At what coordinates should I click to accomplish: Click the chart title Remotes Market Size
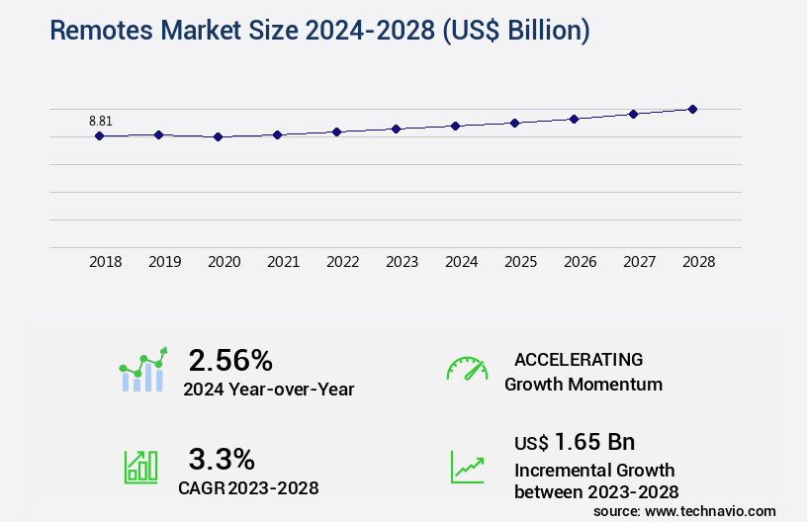[319, 31]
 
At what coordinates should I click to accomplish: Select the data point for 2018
[99, 135]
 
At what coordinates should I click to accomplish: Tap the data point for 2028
[692, 109]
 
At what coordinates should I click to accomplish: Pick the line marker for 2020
[218, 137]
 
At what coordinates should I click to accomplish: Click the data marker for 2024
[455, 126]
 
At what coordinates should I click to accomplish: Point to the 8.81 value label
[100, 121]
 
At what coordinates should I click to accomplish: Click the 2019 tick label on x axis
[164, 262]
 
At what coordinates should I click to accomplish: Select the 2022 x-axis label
[342, 262]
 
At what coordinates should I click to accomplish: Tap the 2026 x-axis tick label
[580, 262]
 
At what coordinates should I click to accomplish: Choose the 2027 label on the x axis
[639, 262]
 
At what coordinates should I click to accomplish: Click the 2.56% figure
[230, 360]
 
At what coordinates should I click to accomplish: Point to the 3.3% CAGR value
[222, 459]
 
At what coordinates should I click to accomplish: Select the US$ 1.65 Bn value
[575, 441]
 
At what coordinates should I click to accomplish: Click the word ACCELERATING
[579, 360]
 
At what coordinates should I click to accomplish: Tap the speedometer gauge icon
[467, 369]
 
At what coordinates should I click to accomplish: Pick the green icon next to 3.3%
[140, 467]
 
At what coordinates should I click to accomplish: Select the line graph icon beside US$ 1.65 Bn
[467, 467]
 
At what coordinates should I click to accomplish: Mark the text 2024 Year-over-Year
[268, 390]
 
